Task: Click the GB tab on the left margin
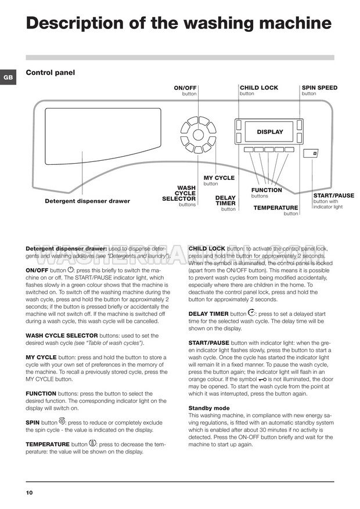(7, 77)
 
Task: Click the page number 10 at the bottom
(29, 493)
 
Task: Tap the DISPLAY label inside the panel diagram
(270, 132)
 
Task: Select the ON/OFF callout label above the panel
(186, 88)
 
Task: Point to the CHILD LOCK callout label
(259, 88)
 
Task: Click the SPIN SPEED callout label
(319, 88)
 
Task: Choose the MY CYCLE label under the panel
(219, 178)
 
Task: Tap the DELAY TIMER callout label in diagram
(225, 201)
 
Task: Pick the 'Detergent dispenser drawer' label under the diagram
(87, 201)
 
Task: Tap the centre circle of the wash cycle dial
(198, 136)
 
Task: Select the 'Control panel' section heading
(51, 73)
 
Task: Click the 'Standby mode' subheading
(209, 408)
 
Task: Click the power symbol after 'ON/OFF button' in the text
(71, 270)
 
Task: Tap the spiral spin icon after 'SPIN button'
(62, 422)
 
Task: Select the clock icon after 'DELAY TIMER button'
(251, 313)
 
